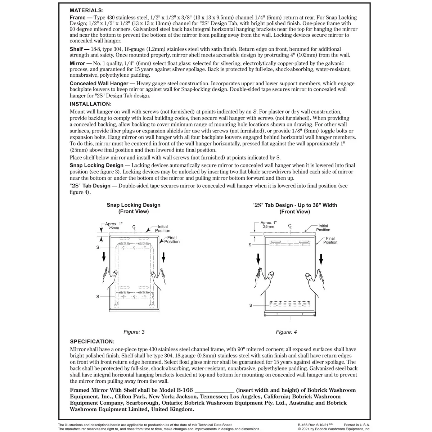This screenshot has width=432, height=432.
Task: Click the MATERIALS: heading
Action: (x=86, y=11)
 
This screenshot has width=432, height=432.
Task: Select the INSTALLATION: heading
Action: (x=91, y=104)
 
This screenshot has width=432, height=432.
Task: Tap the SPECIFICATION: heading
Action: (x=92, y=341)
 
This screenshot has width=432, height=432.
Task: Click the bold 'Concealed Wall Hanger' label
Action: (x=99, y=84)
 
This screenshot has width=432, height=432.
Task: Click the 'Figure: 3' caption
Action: (x=134, y=332)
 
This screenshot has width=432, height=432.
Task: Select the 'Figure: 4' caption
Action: (x=286, y=332)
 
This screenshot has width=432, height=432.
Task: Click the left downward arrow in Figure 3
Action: (x=104, y=257)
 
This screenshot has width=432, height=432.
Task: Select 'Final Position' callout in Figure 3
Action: (x=172, y=240)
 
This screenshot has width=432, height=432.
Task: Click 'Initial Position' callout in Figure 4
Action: (x=323, y=228)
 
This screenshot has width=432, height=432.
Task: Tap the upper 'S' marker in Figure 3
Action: (x=98, y=248)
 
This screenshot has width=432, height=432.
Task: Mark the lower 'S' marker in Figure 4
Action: (x=251, y=305)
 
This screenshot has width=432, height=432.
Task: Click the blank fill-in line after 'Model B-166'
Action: (x=215, y=391)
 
